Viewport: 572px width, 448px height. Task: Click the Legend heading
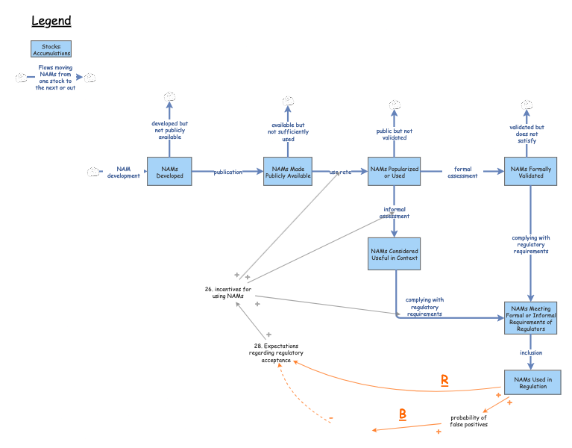tap(51, 20)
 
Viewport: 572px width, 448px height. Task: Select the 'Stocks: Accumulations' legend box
tap(51, 49)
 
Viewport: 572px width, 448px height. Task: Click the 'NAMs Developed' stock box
tap(169, 172)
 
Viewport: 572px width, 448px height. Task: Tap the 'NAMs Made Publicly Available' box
tap(288, 172)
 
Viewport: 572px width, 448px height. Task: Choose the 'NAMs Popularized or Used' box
tap(395, 172)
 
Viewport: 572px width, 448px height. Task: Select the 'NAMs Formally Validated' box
tap(530, 172)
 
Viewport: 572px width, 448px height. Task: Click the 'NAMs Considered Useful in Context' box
tap(394, 255)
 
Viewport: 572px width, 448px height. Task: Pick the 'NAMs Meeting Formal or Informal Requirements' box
tap(530, 318)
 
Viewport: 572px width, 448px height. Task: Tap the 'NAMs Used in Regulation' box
tap(530, 382)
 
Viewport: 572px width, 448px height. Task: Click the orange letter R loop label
tap(444, 380)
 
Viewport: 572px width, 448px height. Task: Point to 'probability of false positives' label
tap(468, 421)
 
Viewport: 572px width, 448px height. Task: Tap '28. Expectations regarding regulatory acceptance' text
tap(276, 353)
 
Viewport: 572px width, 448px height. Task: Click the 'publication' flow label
tap(227, 172)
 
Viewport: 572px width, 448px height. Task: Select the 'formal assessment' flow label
tap(462, 172)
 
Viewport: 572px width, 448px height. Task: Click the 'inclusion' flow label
tap(531, 352)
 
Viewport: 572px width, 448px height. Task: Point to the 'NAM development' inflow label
tap(123, 172)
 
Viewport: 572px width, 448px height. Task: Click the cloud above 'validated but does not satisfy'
tap(527, 104)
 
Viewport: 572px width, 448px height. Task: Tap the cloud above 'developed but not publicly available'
tap(169, 96)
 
